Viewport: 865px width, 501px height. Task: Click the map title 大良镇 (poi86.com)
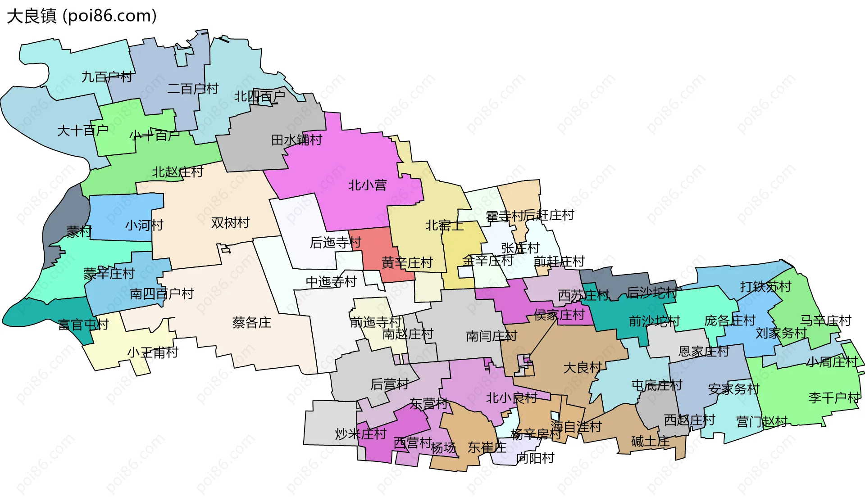coord(82,16)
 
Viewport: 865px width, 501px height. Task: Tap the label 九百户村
coord(107,77)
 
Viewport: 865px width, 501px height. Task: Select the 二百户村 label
coord(193,89)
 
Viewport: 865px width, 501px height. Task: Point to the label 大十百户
coord(82,131)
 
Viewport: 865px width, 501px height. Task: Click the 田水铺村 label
coord(296,140)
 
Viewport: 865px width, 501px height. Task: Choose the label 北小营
coord(367,185)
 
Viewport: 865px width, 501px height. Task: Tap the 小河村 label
coord(144,225)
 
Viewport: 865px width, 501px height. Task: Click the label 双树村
coord(230,223)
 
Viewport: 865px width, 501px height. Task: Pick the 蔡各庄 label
coord(251,323)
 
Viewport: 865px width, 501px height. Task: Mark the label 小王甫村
coord(153,352)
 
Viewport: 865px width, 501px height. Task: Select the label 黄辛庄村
coord(407,262)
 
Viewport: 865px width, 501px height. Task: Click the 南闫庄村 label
coord(492,336)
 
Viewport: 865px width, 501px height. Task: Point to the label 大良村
coord(583,368)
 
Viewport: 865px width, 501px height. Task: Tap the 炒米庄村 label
coord(360,434)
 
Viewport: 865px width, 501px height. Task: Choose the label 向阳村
coord(535,458)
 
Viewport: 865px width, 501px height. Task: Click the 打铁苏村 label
coord(765,287)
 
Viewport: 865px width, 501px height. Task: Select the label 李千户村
coord(833,398)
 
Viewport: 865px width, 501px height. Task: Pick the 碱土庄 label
coord(651,442)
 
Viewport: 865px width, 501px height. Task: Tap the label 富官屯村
coord(83,325)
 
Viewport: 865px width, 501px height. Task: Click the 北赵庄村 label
coord(178,172)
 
